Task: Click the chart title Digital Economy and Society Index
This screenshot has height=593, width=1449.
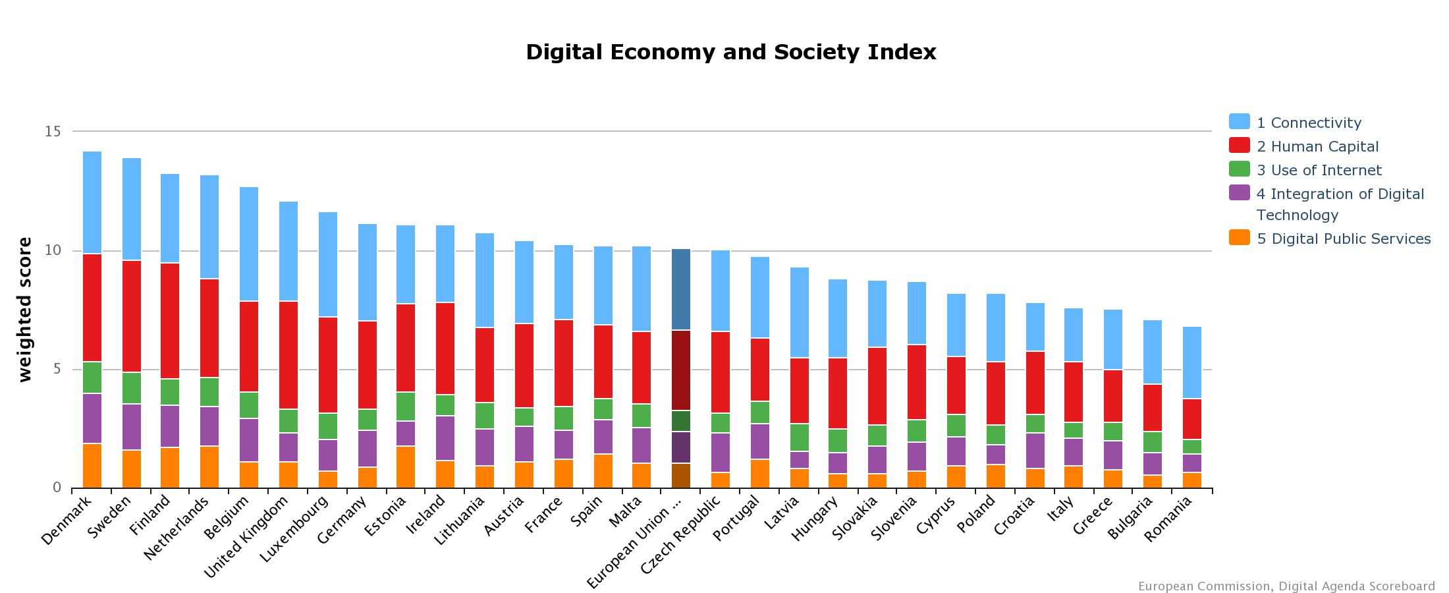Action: coord(730,52)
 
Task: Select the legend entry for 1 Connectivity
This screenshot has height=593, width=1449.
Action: coord(1308,123)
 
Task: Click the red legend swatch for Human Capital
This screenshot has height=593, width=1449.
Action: coord(1239,146)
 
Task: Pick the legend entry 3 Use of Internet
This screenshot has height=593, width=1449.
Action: coord(1319,170)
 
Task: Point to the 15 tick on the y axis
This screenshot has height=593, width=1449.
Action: coord(53,132)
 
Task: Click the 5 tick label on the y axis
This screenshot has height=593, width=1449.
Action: coord(57,369)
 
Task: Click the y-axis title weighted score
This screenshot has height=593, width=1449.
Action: coord(25,310)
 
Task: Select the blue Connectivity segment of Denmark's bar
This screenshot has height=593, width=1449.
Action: coord(92,202)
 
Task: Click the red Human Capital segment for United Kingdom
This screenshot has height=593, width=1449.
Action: coord(288,354)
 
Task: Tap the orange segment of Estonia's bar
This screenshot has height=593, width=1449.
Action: coord(406,466)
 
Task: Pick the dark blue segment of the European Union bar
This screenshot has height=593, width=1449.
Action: coord(681,289)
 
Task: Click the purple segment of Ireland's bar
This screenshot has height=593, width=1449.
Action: coord(445,438)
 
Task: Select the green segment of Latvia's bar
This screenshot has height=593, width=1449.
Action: coord(799,437)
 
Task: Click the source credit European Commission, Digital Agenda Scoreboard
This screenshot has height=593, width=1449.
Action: coord(1286,586)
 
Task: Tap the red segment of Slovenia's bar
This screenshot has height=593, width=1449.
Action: coord(917,382)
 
